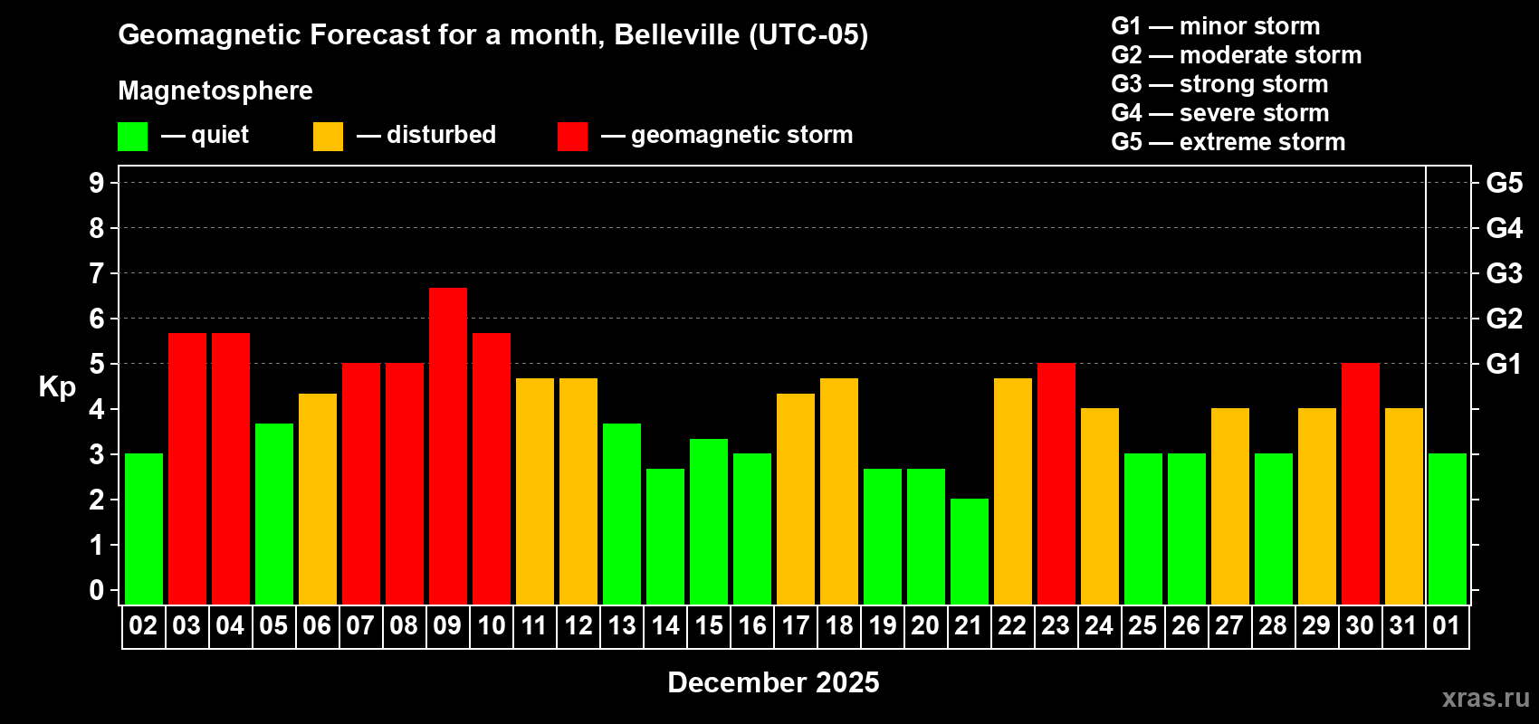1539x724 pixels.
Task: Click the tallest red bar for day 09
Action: [x=448, y=445]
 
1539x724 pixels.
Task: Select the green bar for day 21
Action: [x=970, y=551]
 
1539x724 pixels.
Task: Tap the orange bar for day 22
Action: [x=1013, y=491]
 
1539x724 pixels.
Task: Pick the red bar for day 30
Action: [x=1361, y=483]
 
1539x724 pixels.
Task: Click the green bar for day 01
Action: [x=1448, y=529]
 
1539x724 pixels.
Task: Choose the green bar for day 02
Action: [x=144, y=529]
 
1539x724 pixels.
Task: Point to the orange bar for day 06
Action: [x=318, y=499]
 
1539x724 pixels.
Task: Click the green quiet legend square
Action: [x=133, y=137]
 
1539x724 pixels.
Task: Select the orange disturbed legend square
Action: [x=328, y=137]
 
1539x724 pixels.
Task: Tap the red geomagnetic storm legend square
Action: [x=572, y=137]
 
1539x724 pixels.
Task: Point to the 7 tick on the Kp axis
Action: [x=97, y=273]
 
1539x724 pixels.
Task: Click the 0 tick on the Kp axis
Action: [x=97, y=591]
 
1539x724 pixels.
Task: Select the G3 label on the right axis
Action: [x=1504, y=273]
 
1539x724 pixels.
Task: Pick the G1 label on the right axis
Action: [x=1504, y=364]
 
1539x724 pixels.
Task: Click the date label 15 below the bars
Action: [x=709, y=626]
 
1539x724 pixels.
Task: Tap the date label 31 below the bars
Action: [x=1403, y=626]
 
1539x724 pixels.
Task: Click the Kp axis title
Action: [x=57, y=387]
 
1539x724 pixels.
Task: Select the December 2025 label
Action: [x=773, y=682]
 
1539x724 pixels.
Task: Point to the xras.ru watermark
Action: [x=1486, y=698]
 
